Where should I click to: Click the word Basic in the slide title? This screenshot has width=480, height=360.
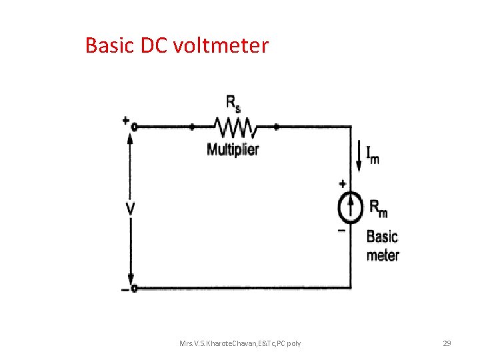pyautogui.click(x=110, y=45)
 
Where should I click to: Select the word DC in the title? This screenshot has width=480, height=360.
pyautogui.click(x=155, y=45)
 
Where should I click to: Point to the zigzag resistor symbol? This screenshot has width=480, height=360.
pyautogui.click(x=233, y=125)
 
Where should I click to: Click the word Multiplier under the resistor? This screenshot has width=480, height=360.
pyautogui.click(x=233, y=149)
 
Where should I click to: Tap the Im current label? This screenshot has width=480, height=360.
pyautogui.click(x=373, y=155)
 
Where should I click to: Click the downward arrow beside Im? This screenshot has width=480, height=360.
pyautogui.click(x=358, y=157)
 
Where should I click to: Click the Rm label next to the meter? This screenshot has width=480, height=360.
pyautogui.click(x=378, y=208)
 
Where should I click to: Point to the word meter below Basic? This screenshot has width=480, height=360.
pyautogui.click(x=383, y=255)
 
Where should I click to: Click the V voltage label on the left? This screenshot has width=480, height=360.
pyautogui.click(x=131, y=209)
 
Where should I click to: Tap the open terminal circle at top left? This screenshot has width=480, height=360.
pyautogui.click(x=133, y=126)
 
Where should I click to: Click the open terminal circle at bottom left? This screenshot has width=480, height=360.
pyautogui.click(x=133, y=288)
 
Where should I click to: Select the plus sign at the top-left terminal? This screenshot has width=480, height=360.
pyautogui.click(x=125, y=120)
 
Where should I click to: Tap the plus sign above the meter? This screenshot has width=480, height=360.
pyautogui.click(x=342, y=183)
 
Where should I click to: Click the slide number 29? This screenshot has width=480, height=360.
pyautogui.click(x=447, y=343)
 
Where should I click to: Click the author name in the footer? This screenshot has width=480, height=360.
pyautogui.click(x=240, y=343)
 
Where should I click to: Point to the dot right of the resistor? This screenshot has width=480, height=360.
pyautogui.click(x=276, y=125)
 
